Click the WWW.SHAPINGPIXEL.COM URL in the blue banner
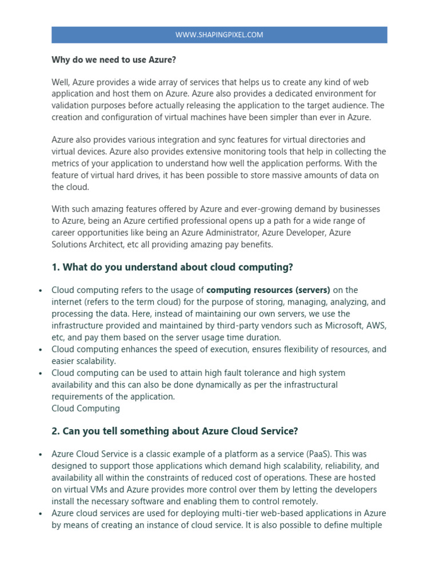(219, 35)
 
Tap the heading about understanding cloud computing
(172, 267)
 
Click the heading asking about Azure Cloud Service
(175, 431)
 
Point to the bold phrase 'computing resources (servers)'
(268, 290)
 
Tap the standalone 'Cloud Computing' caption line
(86, 408)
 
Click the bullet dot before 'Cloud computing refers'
(41, 291)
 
